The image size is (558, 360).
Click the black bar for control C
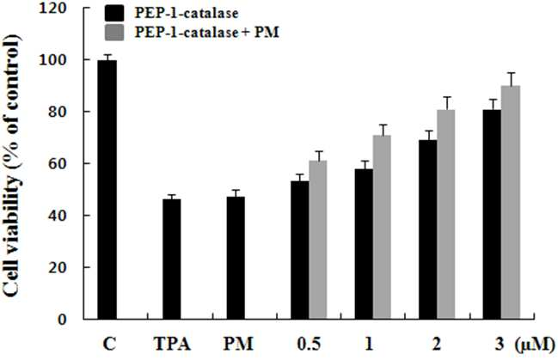107,190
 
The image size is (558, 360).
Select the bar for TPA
172,259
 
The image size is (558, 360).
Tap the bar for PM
236,258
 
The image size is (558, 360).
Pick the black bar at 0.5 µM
300,250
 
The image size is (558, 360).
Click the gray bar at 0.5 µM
318,240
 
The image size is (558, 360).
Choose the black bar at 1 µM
364,244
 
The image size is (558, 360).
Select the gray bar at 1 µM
382,227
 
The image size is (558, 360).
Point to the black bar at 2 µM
428,229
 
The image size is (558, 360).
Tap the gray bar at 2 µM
446,214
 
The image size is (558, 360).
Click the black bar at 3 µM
492,214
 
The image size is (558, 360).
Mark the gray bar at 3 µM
511,203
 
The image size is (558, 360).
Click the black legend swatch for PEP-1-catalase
114,14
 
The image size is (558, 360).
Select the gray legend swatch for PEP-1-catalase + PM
114,33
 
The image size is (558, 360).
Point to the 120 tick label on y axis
53,9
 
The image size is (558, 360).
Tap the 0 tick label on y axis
62,320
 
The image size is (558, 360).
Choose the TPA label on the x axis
172,344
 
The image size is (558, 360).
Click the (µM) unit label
535,345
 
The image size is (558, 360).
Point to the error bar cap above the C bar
107,55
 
